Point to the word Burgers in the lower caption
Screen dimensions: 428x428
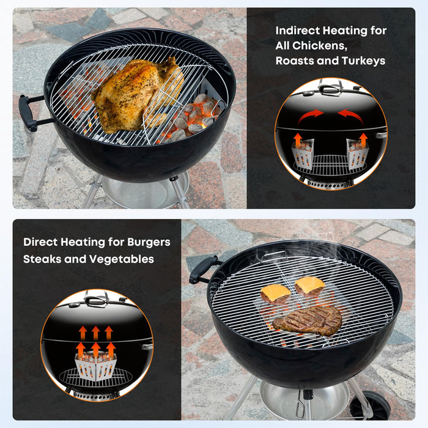[149, 242]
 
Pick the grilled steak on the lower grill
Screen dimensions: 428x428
[308, 320]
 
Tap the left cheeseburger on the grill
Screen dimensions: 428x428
[275, 294]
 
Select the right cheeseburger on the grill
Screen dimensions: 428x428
[310, 286]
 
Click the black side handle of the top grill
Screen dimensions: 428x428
[30, 113]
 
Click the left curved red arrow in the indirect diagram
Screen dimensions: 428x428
[310, 116]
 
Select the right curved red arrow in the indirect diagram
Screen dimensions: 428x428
[352, 116]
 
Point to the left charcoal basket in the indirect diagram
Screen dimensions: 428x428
[303, 155]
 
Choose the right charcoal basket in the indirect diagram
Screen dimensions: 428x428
[357, 155]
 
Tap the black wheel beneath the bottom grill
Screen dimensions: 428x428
[371, 406]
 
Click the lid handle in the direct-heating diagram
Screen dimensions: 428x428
[95, 300]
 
